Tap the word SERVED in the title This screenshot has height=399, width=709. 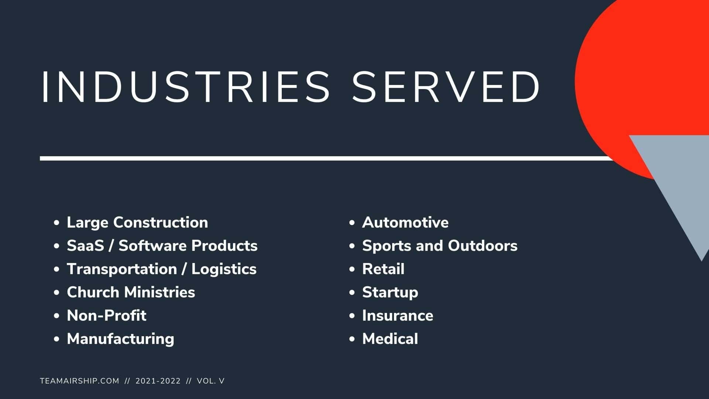pyautogui.click(x=446, y=87)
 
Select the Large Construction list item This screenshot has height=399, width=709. pyautogui.click(x=137, y=222)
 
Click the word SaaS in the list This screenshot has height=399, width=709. pyautogui.click(x=85, y=246)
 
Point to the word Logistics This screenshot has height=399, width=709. pyautogui.click(x=224, y=269)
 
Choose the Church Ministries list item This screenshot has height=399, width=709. pyautogui.click(x=131, y=292)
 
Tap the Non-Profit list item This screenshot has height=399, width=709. pyautogui.click(x=106, y=316)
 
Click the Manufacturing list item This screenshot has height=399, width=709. pyautogui.click(x=120, y=339)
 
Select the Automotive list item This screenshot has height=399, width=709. pyautogui.click(x=405, y=222)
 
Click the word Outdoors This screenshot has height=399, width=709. pyautogui.click(x=483, y=246)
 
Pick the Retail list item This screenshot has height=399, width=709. pyautogui.click(x=383, y=269)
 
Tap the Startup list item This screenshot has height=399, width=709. pyautogui.click(x=390, y=292)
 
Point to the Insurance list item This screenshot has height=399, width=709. pyautogui.click(x=397, y=316)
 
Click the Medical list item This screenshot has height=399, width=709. pyautogui.click(x=390, y=339)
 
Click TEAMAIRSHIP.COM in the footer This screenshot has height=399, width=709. pyautogui.click(x=79, y=381)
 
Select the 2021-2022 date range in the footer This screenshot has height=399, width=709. pyautogui.click(x=158, y=381)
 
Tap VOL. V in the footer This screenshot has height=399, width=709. pyautogui.click(x=210, y=381)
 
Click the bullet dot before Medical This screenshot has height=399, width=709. pyautogui.click(x=352, y=339)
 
